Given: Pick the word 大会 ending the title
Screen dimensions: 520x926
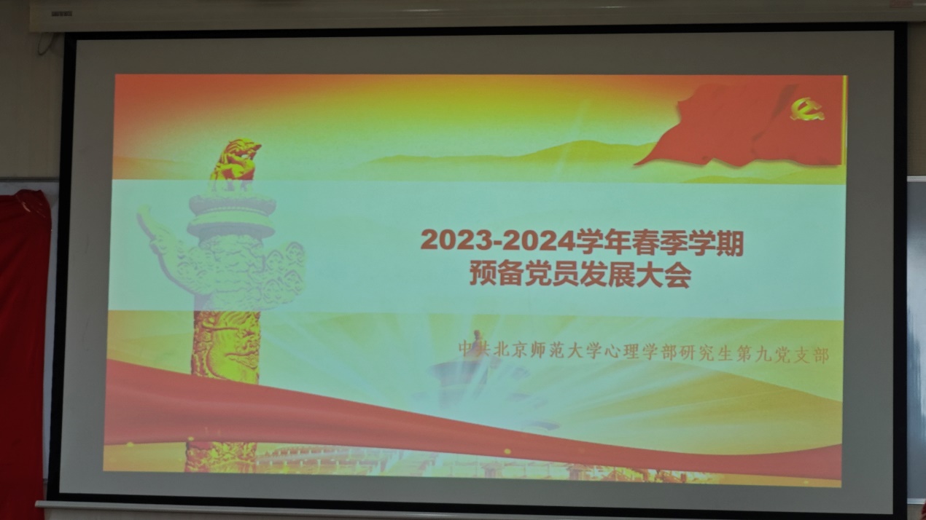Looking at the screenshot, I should [x=664, y=277].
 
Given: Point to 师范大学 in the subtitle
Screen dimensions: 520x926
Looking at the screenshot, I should [x=575, y=352].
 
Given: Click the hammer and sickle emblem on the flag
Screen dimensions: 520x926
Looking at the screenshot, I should [x=806, y=110].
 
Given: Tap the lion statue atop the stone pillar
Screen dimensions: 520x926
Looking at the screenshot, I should [x=236, y=159].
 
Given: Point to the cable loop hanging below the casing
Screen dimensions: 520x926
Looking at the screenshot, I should [x=46, y=44].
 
